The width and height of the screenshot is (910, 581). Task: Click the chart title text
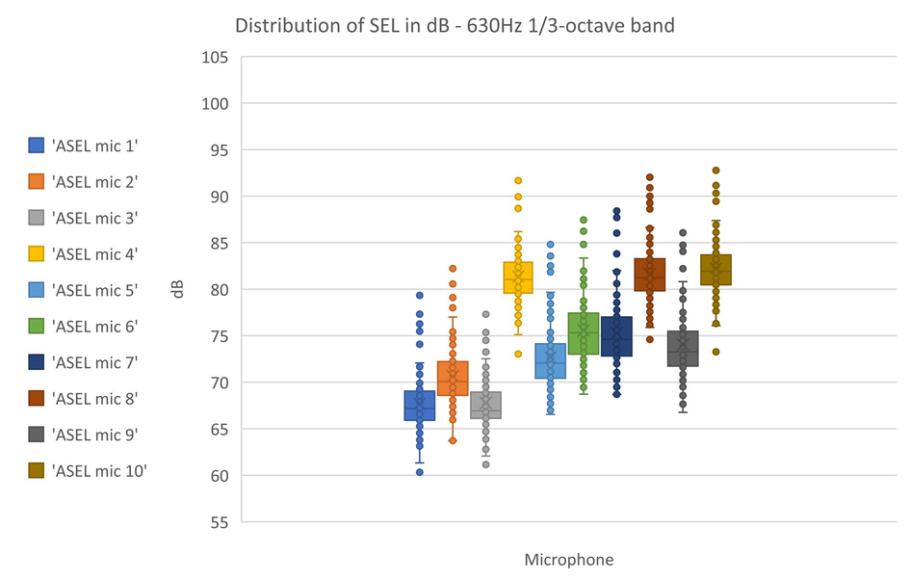[455, 25]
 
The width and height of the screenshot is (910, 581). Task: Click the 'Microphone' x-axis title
[568, 559]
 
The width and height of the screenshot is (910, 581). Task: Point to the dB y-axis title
[179, 289]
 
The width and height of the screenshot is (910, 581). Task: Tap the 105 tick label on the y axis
[214, 57]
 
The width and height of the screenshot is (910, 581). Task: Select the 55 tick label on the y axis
[218, 522]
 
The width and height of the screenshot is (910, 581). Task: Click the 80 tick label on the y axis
[218, 289]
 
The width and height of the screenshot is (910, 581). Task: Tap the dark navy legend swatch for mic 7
[36, 362]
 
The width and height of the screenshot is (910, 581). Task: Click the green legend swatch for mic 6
[36, 326]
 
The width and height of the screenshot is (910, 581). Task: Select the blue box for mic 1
[419, 406]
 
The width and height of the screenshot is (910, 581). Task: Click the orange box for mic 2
[453, 378]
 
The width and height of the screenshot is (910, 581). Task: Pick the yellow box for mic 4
[517, 277]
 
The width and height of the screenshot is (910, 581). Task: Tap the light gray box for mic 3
[485, 405]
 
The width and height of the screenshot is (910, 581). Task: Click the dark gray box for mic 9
[683, 349]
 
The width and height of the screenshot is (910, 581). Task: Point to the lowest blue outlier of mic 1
[419, 472]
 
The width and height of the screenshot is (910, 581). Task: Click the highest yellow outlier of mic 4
[517, 180]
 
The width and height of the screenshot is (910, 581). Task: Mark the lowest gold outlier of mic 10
[715, 352]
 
